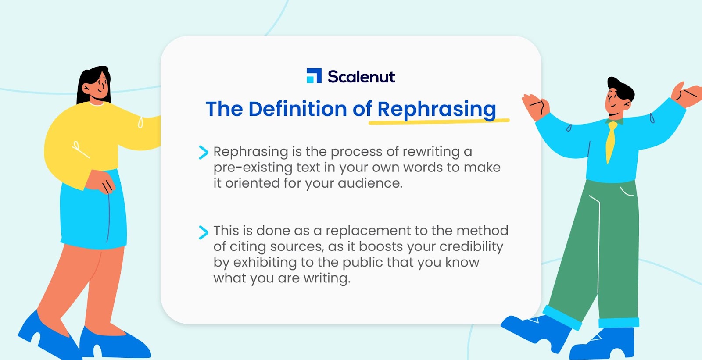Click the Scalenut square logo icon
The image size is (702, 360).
pyautogui.click(x=314, y=76)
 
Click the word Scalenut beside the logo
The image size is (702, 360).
pyautogui.click(x=362, y=76)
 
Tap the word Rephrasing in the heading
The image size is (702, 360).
pyautogui.click(x=437, y=110)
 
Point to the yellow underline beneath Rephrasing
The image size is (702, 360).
pyautogui.click(x=439, y=121)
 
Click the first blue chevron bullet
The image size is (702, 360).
pyautogui.click(x=204, y=153)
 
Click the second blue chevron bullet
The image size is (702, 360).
pyautogui.click(x=204, y=232)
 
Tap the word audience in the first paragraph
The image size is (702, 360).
pyautogui.click(x=370, y=183)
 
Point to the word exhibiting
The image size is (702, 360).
pyautogui.click(x=265, y=263)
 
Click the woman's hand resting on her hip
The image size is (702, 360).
pyautogui.click(x=101, y=182)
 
